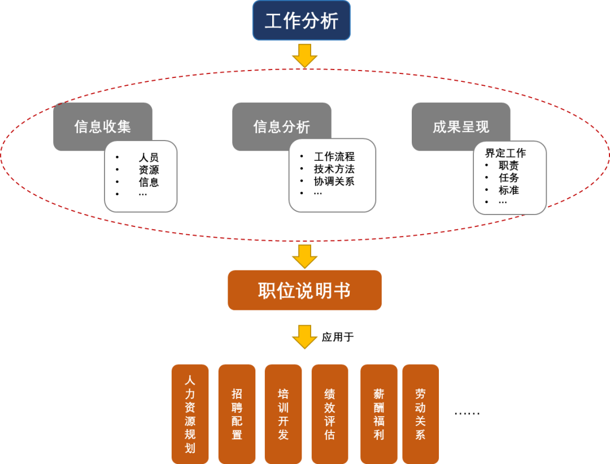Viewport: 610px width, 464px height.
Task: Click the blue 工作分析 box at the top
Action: point(302,21)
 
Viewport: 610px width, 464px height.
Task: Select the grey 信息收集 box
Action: point(102,126)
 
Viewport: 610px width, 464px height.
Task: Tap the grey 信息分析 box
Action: point(281,126)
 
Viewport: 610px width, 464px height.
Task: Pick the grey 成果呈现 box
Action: point(460,126)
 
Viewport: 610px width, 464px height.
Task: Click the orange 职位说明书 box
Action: point(304,290)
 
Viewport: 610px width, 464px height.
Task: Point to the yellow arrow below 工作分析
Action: point(304,56)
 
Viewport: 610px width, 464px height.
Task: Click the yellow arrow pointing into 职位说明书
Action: point(304,257)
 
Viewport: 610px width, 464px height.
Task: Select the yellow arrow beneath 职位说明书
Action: point(304,337)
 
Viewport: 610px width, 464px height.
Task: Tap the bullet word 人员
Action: point(149,157)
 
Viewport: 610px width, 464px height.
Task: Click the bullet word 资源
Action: point(149,170)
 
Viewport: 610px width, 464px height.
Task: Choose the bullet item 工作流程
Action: point(334,157)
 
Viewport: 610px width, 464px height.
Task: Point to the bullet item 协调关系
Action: point(334,181)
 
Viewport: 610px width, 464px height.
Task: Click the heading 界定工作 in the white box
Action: point(505,153)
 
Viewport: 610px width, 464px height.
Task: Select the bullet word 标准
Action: point(508,190)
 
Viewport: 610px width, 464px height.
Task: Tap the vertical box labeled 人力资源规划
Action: point(190,414)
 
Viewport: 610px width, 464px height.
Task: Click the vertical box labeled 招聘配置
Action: point(237,414)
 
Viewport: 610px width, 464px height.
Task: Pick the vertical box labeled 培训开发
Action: point(283,414)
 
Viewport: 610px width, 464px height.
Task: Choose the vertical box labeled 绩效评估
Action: point(330,414)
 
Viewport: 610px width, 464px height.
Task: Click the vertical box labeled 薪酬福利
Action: point(379,414)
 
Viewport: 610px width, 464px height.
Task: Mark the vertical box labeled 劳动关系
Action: point(420,414)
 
